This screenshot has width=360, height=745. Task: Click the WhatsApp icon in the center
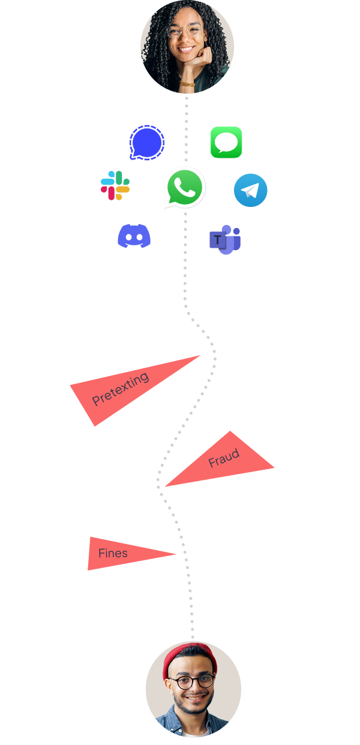click(185, 187)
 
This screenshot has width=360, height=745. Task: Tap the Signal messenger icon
click(146, 143)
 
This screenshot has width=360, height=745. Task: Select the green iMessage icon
click(226, 142)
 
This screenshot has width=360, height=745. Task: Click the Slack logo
click(115, 185)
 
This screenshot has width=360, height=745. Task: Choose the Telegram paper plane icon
click(250, 190)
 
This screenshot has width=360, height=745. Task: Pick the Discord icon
click(134, 236)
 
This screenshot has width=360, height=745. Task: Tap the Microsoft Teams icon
click(225, 240)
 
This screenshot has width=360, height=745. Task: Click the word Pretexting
click(120, 389)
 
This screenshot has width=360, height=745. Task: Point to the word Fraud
click(224, 458)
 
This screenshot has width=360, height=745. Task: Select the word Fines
click(113, 553)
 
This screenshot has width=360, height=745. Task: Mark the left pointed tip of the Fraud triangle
click(166, 486)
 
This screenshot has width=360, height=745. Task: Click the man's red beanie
click(190, 656)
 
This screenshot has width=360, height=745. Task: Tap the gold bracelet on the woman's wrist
click(187, 84)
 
